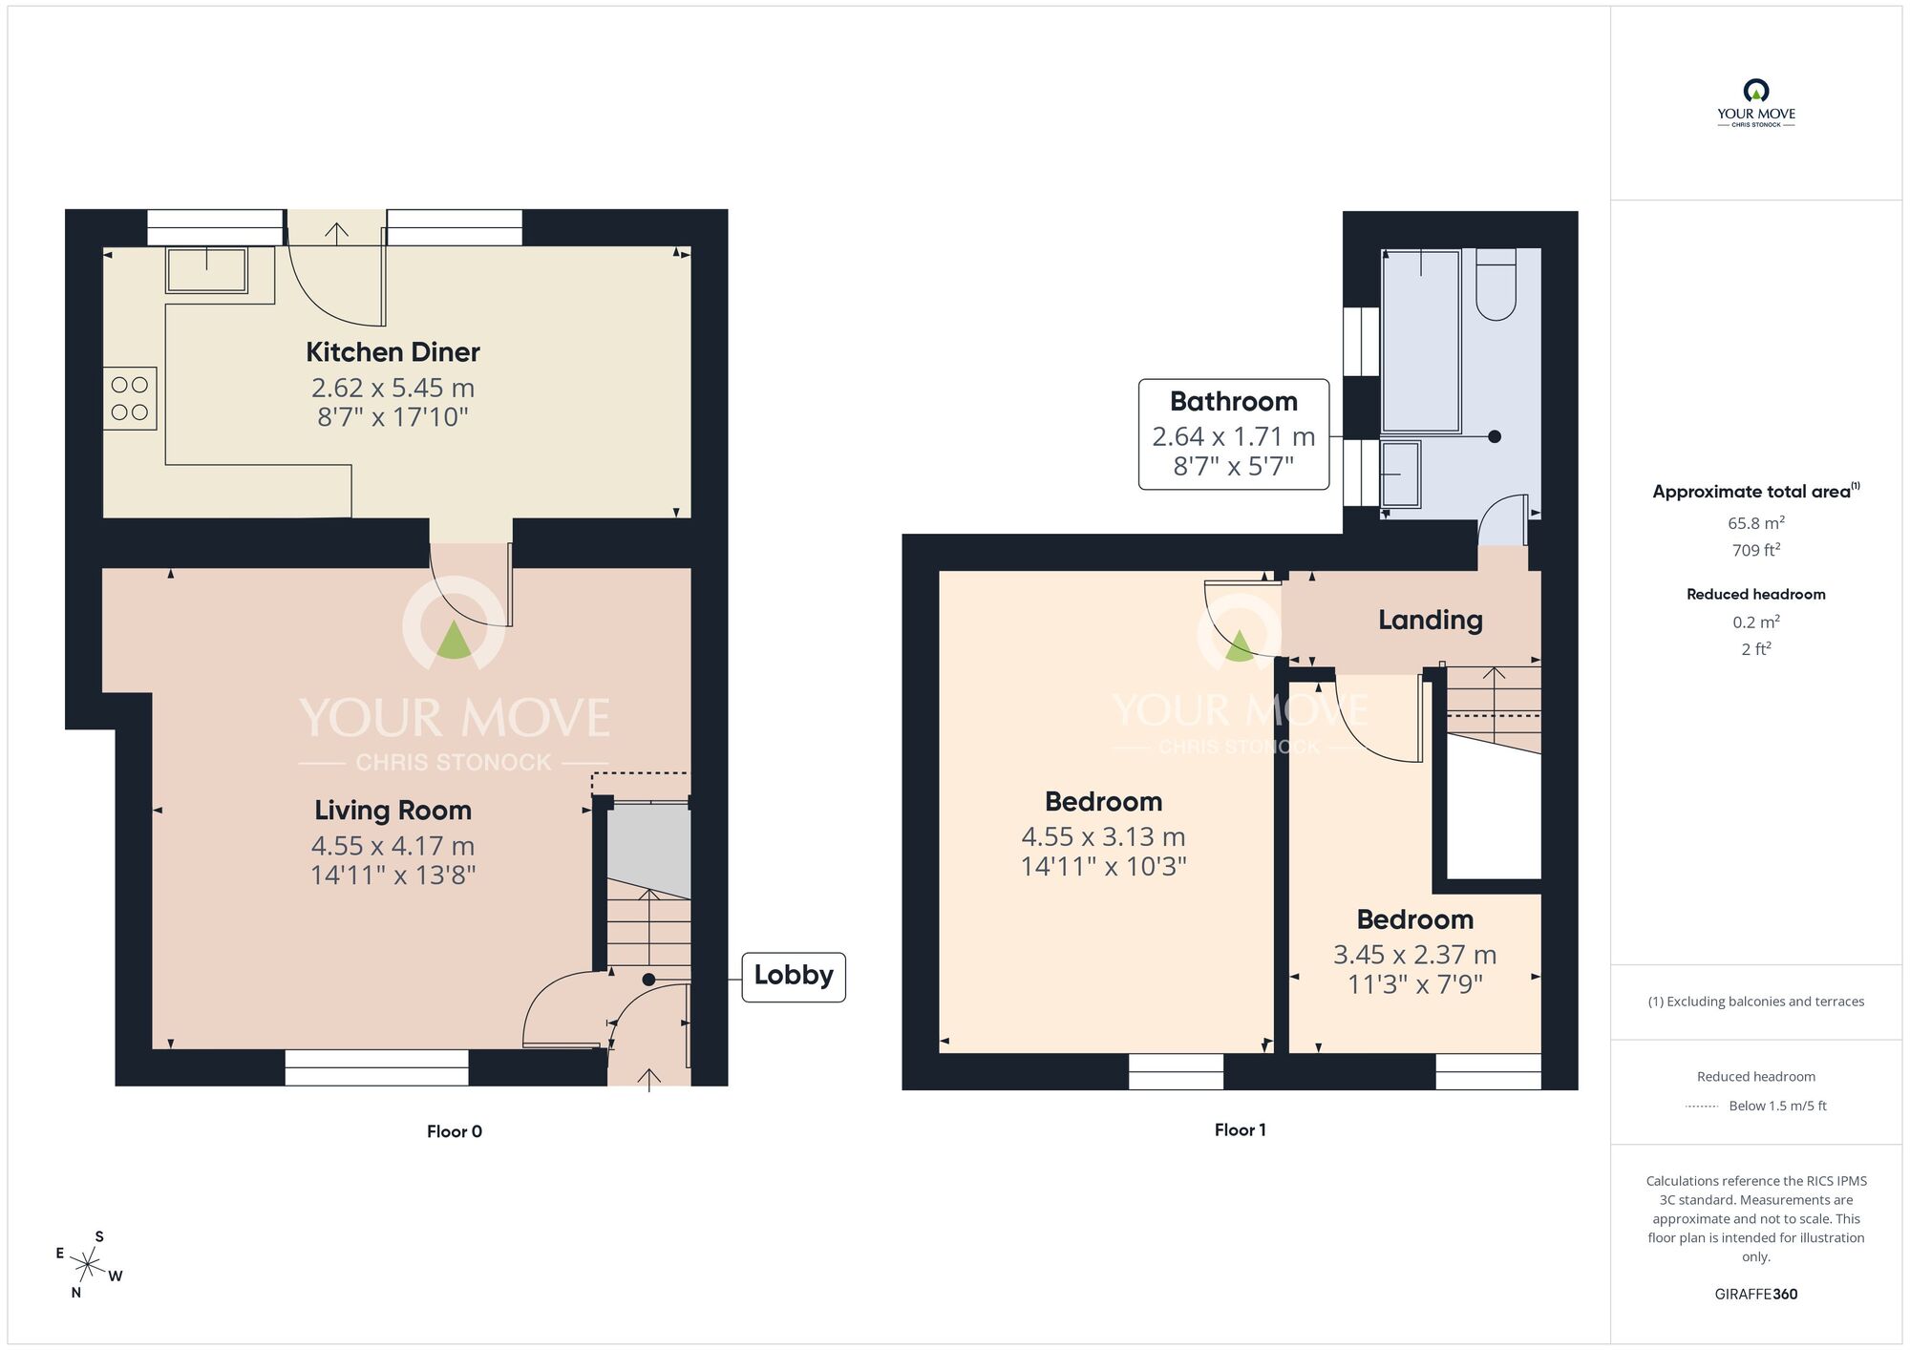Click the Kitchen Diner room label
click(393, 352)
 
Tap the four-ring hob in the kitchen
click(130, 398)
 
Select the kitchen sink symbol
click(207, 269)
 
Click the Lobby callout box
click(793, 976)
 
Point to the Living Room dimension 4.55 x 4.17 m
click(393, 846)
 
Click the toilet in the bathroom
click(1496, 285)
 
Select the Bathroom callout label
click(1233, 402)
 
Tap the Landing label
click(1430, 621)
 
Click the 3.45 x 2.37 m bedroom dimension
click(1414, 955)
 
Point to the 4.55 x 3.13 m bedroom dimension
click(1103, 837)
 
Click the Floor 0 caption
click(455, 1131)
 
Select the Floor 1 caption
click(1240, 1130)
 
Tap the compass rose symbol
click(88, 1266)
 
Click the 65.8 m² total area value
click(1755, 523)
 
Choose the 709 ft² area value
click(1755, 550)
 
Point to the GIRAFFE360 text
click(1755, 1295)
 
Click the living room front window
click(376, 1067)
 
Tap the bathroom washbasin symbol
click(1401, 474)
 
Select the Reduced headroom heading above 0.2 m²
click(1755, 594)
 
